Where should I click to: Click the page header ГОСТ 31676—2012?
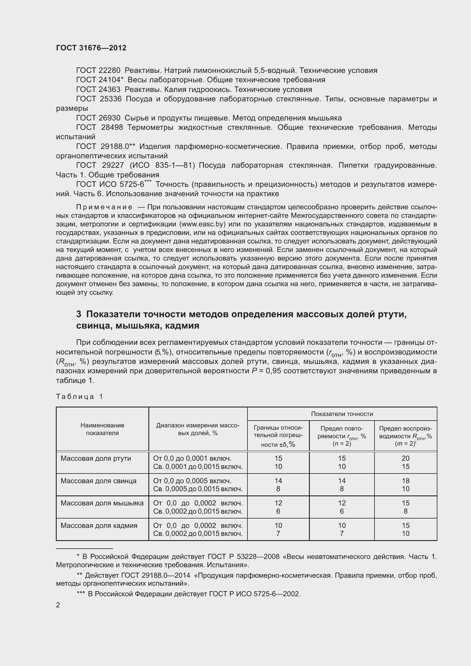point(91,48)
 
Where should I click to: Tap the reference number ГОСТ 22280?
point(98,71)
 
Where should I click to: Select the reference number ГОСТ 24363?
point(98,89)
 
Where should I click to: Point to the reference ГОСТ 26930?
point(98,118)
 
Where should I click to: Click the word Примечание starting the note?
point(104,207)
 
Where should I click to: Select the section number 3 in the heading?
point(79,314)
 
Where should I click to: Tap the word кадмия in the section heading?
point(182,326)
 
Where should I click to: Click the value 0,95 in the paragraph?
point(273,371)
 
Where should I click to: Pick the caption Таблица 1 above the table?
point(79,397)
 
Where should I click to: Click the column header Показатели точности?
point(342,414)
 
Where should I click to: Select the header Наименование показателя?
point(102,429)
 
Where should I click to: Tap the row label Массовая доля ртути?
point(96,458)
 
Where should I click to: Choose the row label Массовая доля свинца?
point(98,481)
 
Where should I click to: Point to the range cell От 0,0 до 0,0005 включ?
point(192,481)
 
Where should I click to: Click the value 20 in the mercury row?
point(405,458)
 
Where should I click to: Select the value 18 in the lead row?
point(405,481)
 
